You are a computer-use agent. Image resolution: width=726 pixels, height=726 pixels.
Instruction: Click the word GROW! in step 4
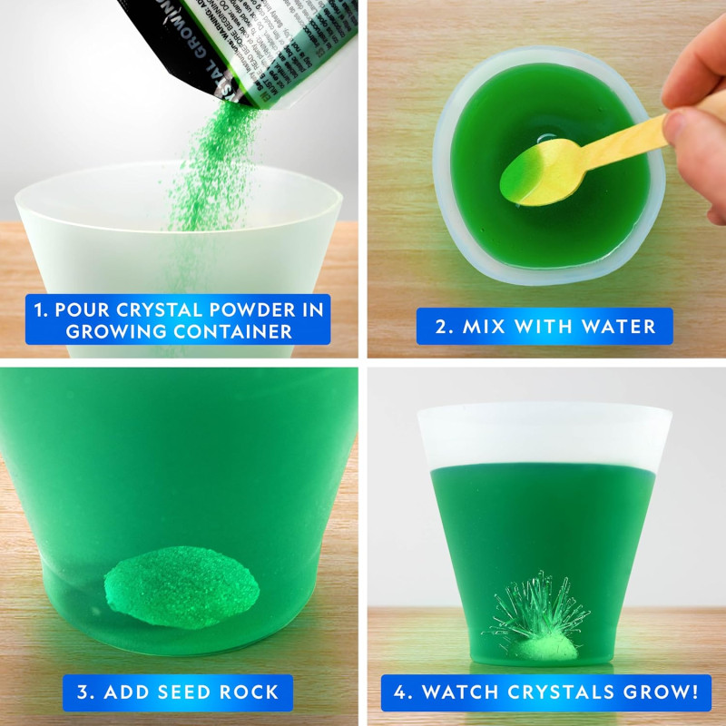click(x=660, y=693)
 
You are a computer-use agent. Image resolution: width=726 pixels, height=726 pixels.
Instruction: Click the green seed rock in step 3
click(x=181, y=585)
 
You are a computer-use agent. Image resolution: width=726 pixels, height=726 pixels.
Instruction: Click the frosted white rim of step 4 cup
click(x=544, y=436)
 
